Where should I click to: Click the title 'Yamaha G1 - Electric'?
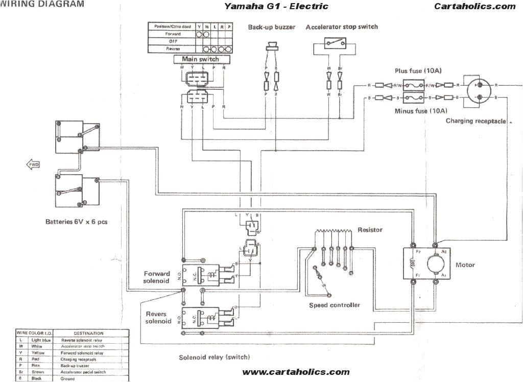pyautogui.click(x=276, y=7)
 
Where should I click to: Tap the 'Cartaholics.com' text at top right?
pyautogui.click(x=475, y=7)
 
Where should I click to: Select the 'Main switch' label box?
pyautogui.click(x=200, y=59)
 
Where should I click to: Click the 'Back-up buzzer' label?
pyautogui.click(x=272, y=27)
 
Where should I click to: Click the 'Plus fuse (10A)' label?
pyautogui.click(x=416, y=71)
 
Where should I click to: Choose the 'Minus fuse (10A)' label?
pyautogui.click(x=421, y=110)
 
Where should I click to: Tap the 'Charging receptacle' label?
pyautogui.click(x=476, y=121)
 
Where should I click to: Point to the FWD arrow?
pyautogui.click(x=32, y=164)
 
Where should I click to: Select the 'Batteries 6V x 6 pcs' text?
pyautogui.click(x=76, y=222)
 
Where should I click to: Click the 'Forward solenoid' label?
pyautogui.click(x=156, y=277)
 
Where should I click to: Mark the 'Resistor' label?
pyautogui.click(x=370, y=230)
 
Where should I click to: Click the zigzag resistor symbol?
pyautogui.click(x=332, y=232)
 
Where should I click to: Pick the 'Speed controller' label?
pyautogui.click(x=335, y=305)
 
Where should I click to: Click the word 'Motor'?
pyautogui.click(x=465, y=265)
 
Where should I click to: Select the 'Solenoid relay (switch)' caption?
pyautogui.click(x=214, y=357)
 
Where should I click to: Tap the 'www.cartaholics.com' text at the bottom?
pyautogui.click(x=296, y=372)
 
